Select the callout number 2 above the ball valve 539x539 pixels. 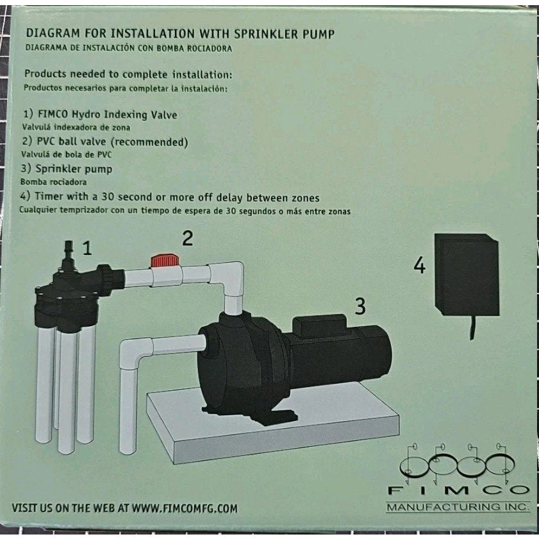pos(187,238)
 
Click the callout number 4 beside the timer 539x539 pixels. pos(419,265)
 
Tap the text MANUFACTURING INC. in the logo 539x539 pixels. pos(458,507)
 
